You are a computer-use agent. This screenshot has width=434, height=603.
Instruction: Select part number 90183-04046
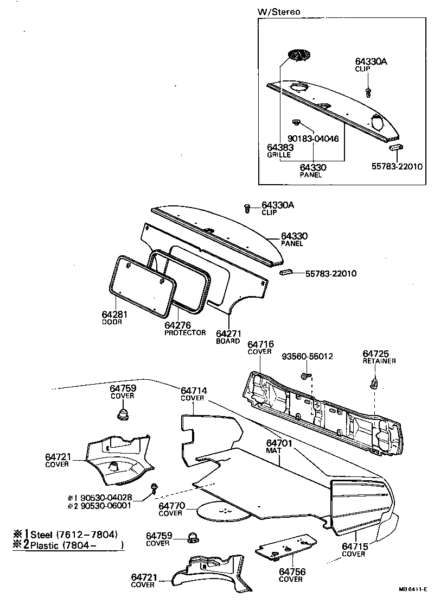point(313,139)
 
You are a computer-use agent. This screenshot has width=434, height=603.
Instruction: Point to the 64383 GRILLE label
point(280,150)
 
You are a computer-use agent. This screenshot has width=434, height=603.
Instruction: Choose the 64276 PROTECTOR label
point(184,329)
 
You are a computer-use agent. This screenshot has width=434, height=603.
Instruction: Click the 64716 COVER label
point(260,348)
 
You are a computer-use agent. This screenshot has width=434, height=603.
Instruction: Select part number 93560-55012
point(308,357)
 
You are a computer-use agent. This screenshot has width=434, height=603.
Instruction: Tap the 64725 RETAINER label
point(379,357)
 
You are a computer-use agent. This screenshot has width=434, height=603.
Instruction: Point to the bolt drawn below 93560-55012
point(305,375)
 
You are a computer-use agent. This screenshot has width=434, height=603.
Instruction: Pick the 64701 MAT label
point(279,447)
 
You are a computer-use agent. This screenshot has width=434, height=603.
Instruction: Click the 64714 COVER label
point(193,394)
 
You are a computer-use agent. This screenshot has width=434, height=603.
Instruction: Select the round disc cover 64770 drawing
point(223,511)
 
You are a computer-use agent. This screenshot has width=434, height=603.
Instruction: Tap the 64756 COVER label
point(291,575)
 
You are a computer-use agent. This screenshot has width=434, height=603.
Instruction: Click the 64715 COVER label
point(353,550)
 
